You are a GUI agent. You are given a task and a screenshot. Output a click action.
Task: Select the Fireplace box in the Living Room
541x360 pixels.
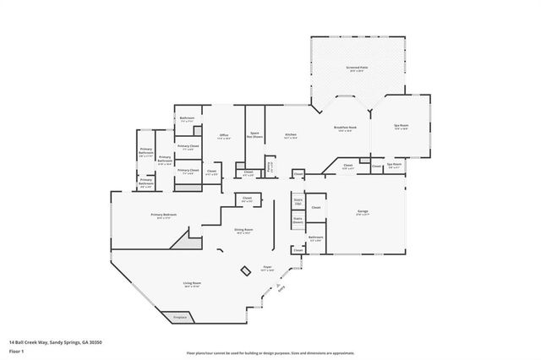point(180,317)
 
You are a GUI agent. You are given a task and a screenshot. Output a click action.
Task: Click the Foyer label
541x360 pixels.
point(267,267)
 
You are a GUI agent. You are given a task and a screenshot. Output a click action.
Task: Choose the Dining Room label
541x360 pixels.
point(243,230)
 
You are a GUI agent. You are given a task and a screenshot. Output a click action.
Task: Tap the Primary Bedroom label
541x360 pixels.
point(163,216)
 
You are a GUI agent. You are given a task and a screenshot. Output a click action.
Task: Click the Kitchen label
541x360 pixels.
point(290,134)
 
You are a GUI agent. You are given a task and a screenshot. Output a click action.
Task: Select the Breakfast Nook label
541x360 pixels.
point(346,129)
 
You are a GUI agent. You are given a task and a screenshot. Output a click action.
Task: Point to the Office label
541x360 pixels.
point(224,135)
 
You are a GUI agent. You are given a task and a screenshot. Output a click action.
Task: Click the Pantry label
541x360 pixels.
point(270,166)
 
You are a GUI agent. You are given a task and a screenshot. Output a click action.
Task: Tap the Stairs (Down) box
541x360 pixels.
point(298,220)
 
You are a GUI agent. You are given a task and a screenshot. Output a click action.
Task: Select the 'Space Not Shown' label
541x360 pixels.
point(254,134)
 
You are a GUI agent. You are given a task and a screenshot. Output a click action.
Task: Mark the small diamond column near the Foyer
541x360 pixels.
point(245,270)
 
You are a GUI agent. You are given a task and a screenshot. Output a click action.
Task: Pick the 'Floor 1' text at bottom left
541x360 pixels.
point(17,348)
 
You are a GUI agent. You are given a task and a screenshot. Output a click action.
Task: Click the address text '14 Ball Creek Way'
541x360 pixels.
point(34,341)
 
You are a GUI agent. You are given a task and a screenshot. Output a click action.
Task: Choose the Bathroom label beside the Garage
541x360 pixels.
point(316,238)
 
